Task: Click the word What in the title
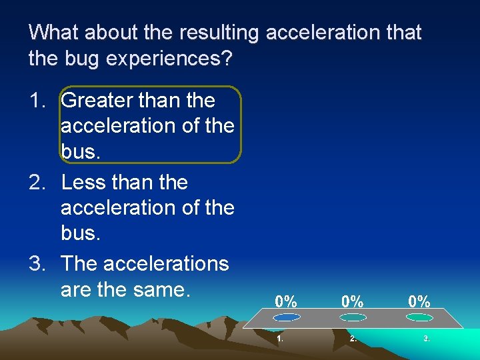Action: coord(54,32)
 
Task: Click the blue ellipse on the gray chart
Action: coord(286,317)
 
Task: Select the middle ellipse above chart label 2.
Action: coord(353,317)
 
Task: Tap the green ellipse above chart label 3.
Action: coord(419,317)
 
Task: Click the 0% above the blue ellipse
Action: coord(287,301)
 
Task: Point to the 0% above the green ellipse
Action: coord(419,301)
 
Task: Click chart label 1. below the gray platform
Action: coord(281,339)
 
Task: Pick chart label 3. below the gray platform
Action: coord(427,339)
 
